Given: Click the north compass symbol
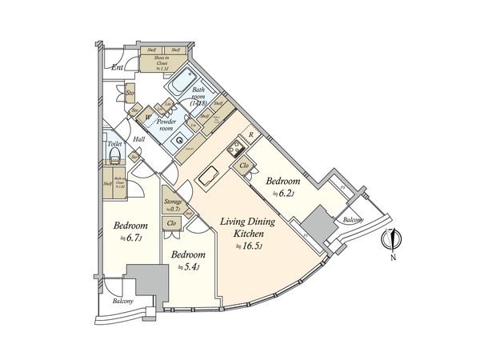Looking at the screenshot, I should pos(392,239).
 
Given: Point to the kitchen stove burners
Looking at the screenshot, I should pos(236,149).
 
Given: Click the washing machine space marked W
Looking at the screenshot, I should pos(148,118).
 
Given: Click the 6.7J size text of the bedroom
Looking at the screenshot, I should pos(129,238).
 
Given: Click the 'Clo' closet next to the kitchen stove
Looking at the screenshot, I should pos(244,166).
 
